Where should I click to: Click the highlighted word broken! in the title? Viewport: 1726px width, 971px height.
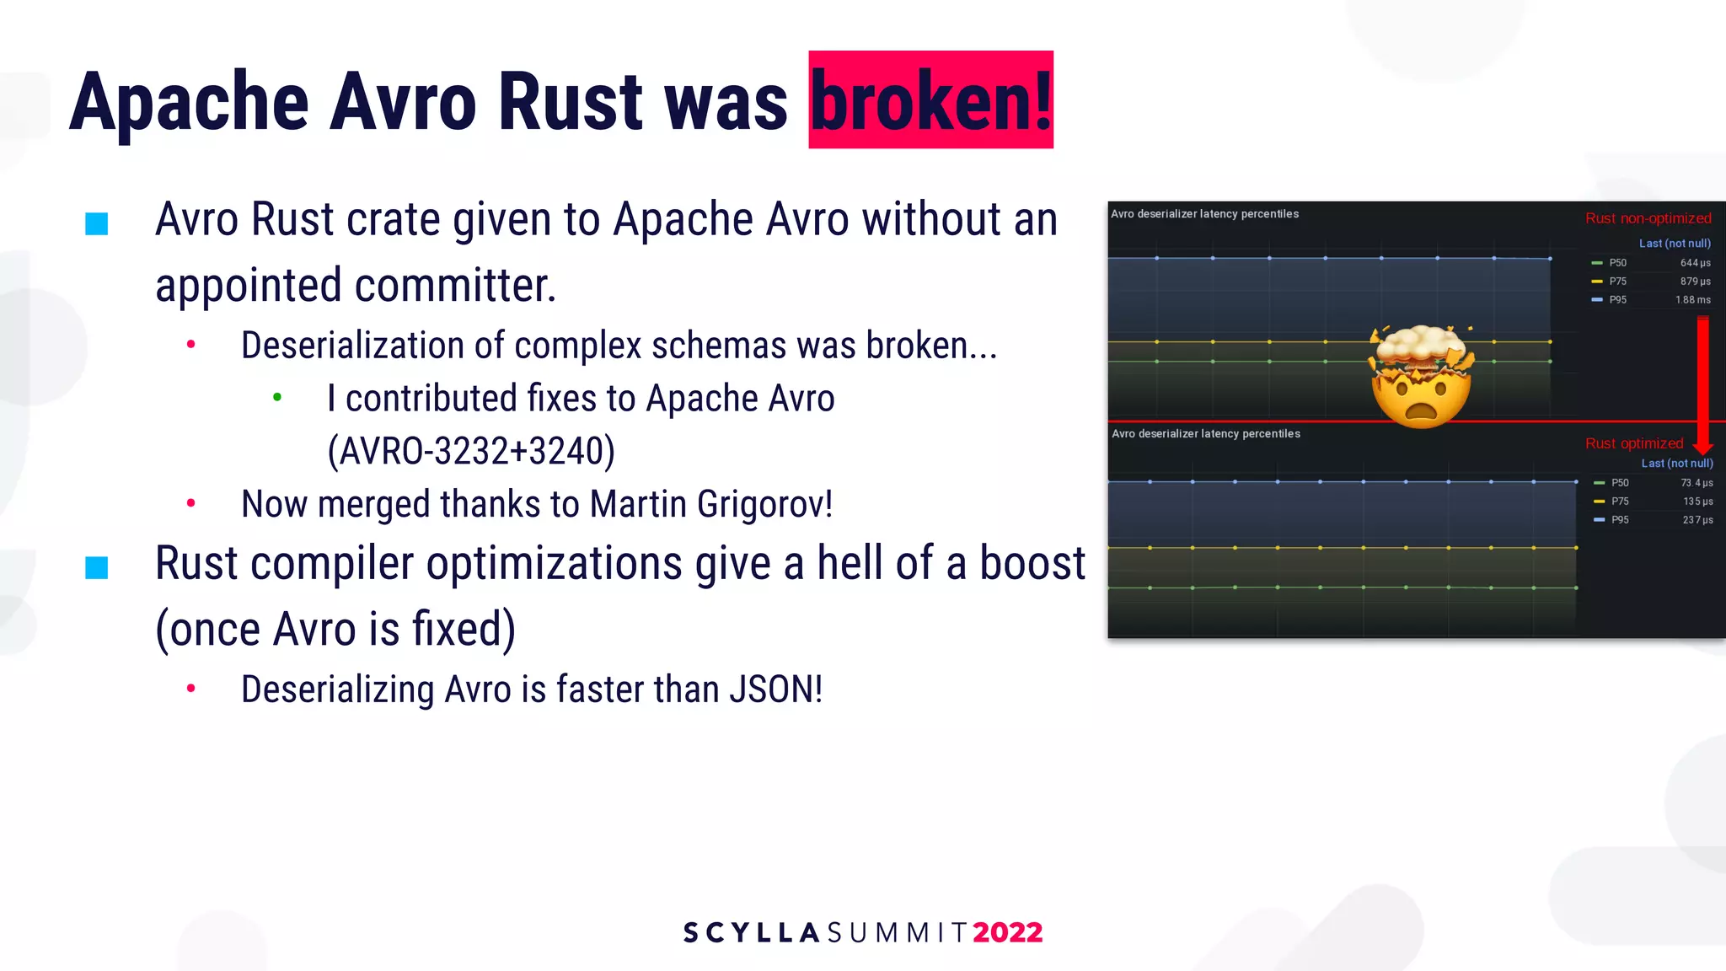click(930, 101)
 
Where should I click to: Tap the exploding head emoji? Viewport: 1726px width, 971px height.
click(1422, 377)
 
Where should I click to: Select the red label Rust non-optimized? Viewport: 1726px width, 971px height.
click(1648, 218)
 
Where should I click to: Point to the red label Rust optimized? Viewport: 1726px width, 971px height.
click(1633, 443)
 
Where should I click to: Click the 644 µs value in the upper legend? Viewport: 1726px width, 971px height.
click(1695, 263)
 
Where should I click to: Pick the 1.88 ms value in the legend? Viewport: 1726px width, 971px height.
click(1692, 300)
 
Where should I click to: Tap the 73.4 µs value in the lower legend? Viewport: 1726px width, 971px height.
click(1696, 483)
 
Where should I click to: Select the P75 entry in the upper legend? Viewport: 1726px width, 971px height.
click(1617, 282)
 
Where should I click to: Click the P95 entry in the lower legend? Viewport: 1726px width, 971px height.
click(1619, 520)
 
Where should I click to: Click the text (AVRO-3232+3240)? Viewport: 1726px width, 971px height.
click(471, 451)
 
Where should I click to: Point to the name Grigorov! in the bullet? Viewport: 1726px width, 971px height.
click(764, 504)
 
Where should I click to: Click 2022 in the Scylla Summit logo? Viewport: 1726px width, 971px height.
click(1007, 932)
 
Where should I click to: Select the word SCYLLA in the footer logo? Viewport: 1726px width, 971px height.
click(751, 932)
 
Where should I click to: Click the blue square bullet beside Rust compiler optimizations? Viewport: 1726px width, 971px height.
click(97, 567)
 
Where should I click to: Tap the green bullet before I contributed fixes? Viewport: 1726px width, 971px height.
click(277, 397)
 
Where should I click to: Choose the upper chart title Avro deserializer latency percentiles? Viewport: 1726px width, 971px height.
click(1204, 214)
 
